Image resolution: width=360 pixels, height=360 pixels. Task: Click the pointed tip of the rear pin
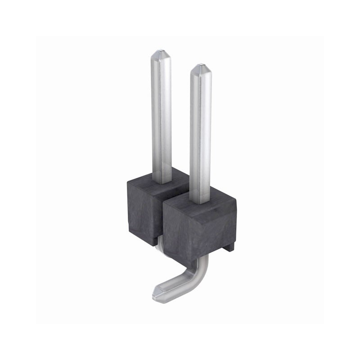pos(160,53)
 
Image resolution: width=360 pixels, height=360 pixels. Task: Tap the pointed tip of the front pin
pos(200,68)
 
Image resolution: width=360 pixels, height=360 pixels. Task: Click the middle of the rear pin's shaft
pos(161,117)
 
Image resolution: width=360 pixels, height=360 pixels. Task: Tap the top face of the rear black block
pos(148,180)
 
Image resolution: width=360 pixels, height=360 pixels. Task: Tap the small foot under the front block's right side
pos(229,247)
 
